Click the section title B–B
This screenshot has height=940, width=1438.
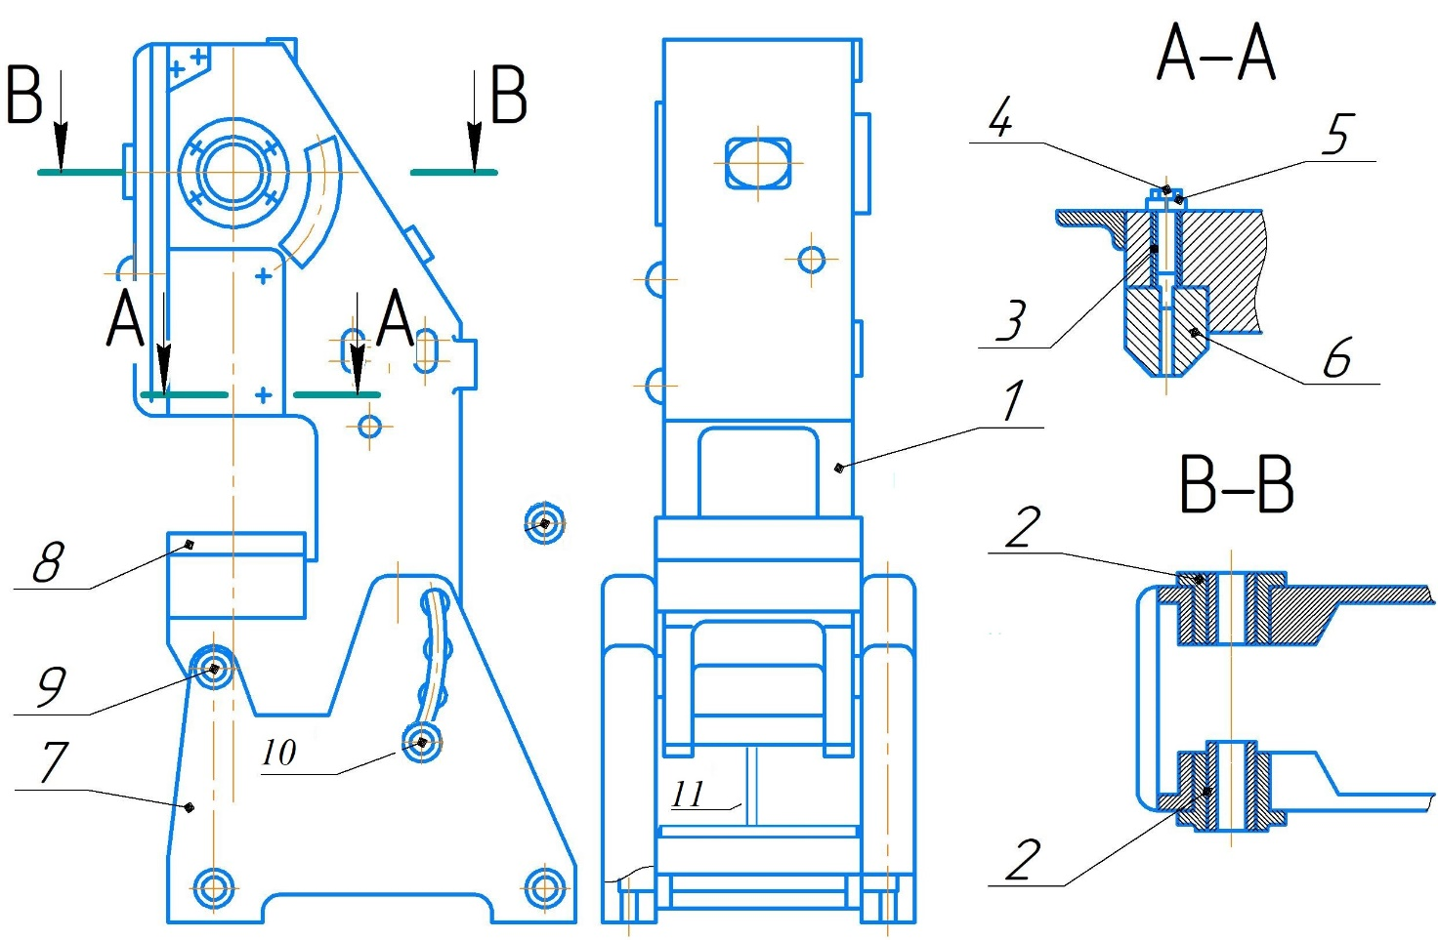(1237, 485)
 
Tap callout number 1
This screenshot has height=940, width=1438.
(1013, 400)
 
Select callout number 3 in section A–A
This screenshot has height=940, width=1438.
(1012, 319)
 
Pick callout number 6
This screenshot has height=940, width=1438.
(1337, 356)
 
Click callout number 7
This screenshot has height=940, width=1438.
(54, 762)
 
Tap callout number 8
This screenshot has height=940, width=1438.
(49, 562)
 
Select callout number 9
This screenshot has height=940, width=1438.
(52, 686)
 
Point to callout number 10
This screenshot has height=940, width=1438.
(279, 752)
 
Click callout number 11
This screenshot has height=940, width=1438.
(688, 795)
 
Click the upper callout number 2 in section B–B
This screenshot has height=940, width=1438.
(1023, 527)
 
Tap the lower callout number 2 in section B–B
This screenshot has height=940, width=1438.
(1023, 860)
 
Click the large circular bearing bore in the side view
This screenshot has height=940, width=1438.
(233, 173)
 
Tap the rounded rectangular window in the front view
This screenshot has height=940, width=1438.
(758, 163)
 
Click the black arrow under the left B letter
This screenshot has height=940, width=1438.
(61, 121)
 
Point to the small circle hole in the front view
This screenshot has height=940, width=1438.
(812, 260)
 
